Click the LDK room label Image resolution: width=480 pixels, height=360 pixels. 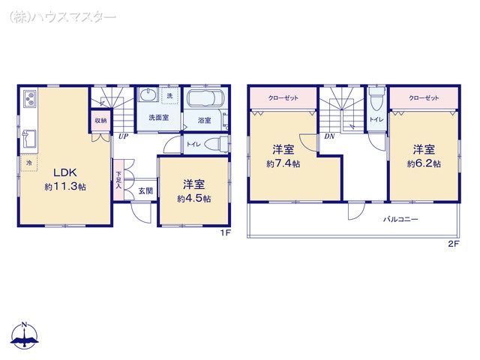click(x=65, y=172)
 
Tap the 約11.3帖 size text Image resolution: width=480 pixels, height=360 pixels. click(x=65, y=187)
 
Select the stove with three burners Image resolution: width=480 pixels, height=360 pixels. click(x=30, y=98)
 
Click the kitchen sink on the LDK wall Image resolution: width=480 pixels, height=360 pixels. click(x=29, y=138)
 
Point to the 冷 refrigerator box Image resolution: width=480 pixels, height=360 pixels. click(x=29, y=163)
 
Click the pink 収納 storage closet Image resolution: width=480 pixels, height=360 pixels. click(x=100, y=121)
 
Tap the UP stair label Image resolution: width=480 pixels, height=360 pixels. click(x=123, y=136)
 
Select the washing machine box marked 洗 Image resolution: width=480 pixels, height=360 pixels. click(x=169, y=96)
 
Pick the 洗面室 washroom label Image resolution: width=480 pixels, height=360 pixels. click(x=159, y=118)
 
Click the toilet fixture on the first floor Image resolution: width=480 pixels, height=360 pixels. click(x=216, y=144)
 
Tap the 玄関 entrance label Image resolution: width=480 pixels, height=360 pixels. click(x=145, y=191)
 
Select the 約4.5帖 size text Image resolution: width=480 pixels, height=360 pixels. click(x=193, y=199)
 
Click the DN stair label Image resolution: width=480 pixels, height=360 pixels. click(x=329, y=136)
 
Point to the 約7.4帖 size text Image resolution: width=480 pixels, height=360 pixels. click(x=283, y=164)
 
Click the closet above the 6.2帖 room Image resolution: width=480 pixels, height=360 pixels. click(x=424, y=98)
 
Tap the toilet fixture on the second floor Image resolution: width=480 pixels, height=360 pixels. click(x=376, y=98)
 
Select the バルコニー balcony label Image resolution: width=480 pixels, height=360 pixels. click(x=400, y=219)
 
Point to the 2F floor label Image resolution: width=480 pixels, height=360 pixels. click(x=454, y=244)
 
